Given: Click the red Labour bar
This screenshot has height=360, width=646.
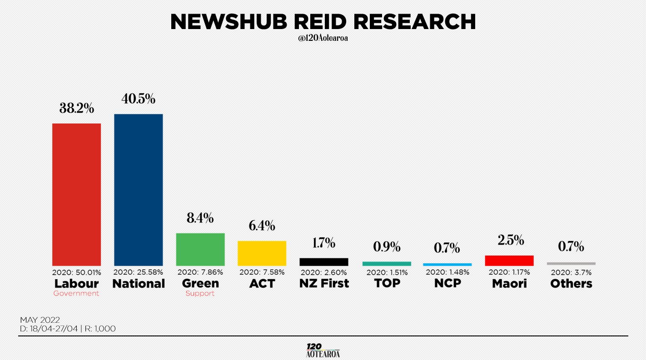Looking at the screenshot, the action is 76,195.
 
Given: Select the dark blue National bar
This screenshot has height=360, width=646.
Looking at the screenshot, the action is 139,190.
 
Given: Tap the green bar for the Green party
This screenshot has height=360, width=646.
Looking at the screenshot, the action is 200,249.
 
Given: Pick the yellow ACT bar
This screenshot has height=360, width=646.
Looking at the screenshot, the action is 262,253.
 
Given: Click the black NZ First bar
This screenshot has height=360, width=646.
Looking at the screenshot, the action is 324,261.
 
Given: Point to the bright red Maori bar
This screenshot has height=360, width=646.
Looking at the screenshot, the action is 509,261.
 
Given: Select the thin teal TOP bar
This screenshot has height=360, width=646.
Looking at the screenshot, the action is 387,264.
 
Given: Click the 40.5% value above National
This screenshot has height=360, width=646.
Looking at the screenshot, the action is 139,99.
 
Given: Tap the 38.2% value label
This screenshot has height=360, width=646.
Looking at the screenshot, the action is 77,108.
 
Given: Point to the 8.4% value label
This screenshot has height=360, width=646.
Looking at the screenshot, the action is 200,218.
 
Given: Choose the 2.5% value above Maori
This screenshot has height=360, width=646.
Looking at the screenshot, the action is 511,240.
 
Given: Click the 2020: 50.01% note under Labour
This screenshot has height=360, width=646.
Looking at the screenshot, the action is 76,272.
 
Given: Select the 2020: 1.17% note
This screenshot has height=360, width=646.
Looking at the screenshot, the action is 509,272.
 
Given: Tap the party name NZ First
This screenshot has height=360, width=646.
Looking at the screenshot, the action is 324,283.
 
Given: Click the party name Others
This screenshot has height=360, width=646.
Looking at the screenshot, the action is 571,284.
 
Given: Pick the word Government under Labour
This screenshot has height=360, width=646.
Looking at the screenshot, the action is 76,293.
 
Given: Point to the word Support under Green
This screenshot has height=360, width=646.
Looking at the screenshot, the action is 200,294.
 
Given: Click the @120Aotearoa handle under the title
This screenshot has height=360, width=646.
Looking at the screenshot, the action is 323,38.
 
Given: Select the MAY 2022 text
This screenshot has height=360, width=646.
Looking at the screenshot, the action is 40,320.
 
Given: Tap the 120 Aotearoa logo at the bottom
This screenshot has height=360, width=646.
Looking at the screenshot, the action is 323,350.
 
